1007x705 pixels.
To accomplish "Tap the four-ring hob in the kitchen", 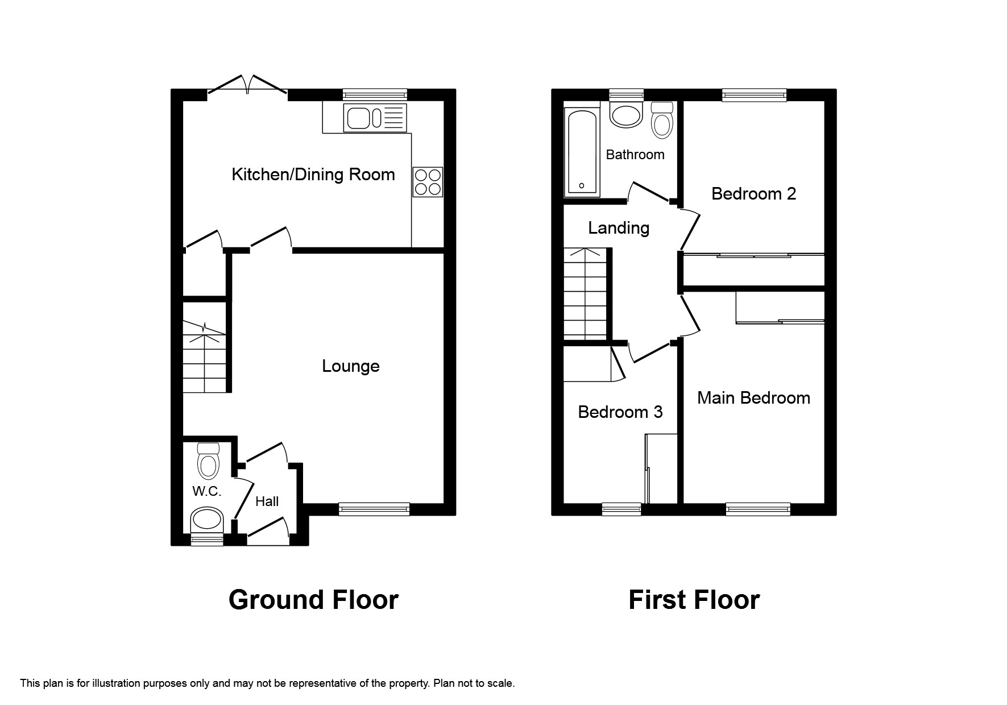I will (428, 182).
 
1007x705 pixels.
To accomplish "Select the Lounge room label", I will (350, 366).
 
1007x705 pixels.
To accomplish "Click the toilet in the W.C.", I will (208, 462).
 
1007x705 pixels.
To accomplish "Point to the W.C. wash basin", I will (206, 519).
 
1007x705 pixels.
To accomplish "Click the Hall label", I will (267, 501).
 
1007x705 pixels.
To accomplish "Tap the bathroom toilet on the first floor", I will (661, 121).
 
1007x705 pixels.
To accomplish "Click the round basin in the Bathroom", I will (625, 114).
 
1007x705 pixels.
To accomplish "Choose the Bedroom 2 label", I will (753, 194).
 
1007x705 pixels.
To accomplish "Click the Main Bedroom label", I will (753, 397).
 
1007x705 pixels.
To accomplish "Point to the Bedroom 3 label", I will (620, 412).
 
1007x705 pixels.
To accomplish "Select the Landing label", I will (619, 228).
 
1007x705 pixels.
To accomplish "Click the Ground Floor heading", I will (313, 600).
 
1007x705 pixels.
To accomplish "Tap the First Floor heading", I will (694, 600).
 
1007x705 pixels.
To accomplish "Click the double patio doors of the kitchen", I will (247, 85).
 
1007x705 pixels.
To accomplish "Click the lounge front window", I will (374, 509).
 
